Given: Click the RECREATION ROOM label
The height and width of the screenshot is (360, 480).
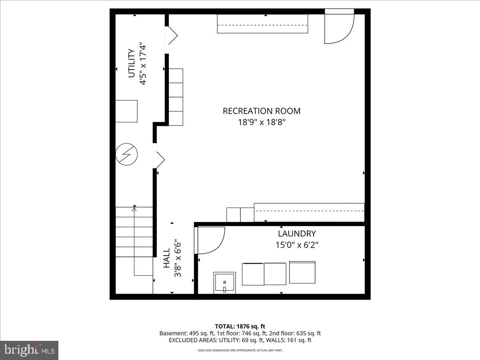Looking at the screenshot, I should click(x=261, y=111).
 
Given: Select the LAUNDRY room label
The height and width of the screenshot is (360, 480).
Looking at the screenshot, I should click(x=297, y=234).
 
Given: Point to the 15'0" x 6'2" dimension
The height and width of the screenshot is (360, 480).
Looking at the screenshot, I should click(x=297, y=244).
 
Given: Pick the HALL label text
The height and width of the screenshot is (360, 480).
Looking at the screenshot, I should click(x=167, y=258).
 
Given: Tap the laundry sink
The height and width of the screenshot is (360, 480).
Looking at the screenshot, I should click(x=225, y=283).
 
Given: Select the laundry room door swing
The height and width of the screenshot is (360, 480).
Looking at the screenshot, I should click(x=210, y=240).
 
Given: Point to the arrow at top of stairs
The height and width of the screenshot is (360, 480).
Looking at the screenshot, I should click(x=134, y=208).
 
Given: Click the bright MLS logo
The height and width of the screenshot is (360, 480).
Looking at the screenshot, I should click(x=29, y=350).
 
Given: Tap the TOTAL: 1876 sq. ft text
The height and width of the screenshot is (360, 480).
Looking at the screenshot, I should click(x=240, y=326).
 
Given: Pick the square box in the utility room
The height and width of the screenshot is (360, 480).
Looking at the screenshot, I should click(x=126, y=111).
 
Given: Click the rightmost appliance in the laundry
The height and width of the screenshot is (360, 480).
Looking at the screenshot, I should click(x=302, y=272).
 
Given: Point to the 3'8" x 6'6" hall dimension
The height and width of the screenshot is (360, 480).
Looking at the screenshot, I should click(x=178, y=258).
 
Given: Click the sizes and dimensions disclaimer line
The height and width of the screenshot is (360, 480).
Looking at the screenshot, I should click(x=240, y=350).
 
